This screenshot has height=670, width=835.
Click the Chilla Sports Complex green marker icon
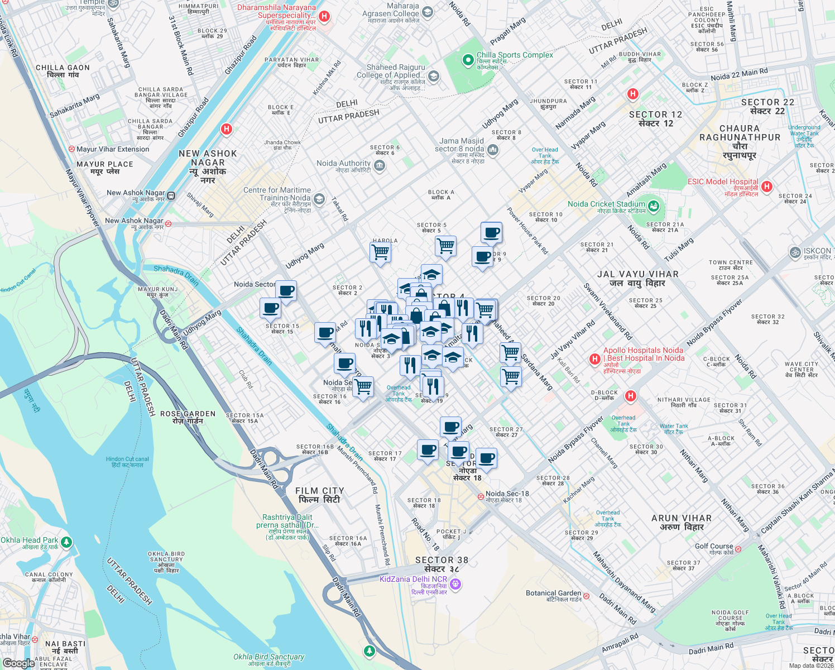[468, 59]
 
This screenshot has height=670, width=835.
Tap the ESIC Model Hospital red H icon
[767, 186]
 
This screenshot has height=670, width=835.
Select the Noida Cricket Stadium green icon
[654, 207]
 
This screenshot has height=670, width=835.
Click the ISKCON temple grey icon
[795, 252]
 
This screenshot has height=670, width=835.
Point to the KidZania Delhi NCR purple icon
[455, 584]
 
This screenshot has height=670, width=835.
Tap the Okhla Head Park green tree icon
[66, 542]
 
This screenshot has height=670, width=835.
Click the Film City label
[319, 495]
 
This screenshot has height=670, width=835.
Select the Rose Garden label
[188, 417]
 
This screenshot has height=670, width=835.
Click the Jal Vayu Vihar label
[637, 278]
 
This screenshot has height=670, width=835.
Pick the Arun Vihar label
[682, 522]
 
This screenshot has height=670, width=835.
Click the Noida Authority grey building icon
[380, 165]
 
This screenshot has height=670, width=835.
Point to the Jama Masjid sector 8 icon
[492, 149]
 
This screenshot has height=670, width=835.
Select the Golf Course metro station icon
[738, 549]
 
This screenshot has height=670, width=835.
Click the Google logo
[18, 663]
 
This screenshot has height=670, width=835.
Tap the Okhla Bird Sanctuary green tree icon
[369, 650]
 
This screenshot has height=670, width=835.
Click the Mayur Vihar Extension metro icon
[71, 149]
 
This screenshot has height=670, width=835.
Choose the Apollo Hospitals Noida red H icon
[595, 358]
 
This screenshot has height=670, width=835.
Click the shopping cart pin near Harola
[380, 251]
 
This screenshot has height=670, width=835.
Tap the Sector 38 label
[442, 564]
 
